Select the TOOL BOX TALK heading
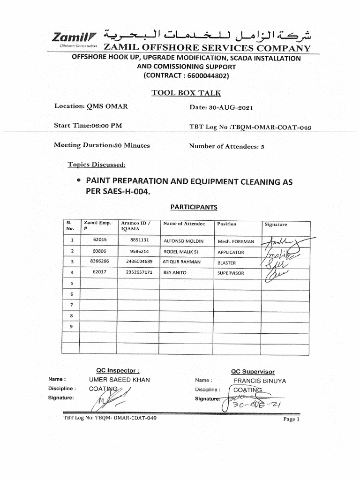pos(186,93)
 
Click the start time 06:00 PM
pos(107,126)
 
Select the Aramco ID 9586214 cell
pos(139,251)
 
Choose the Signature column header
pos(276,225)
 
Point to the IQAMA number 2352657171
pos(139,272)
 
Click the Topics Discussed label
pos(97,165)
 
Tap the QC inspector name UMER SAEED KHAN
pos(120,380)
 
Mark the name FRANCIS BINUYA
pos(260,381)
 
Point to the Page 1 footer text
pos(291,419)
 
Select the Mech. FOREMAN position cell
pos(236,242)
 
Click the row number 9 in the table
pos(72,327)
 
